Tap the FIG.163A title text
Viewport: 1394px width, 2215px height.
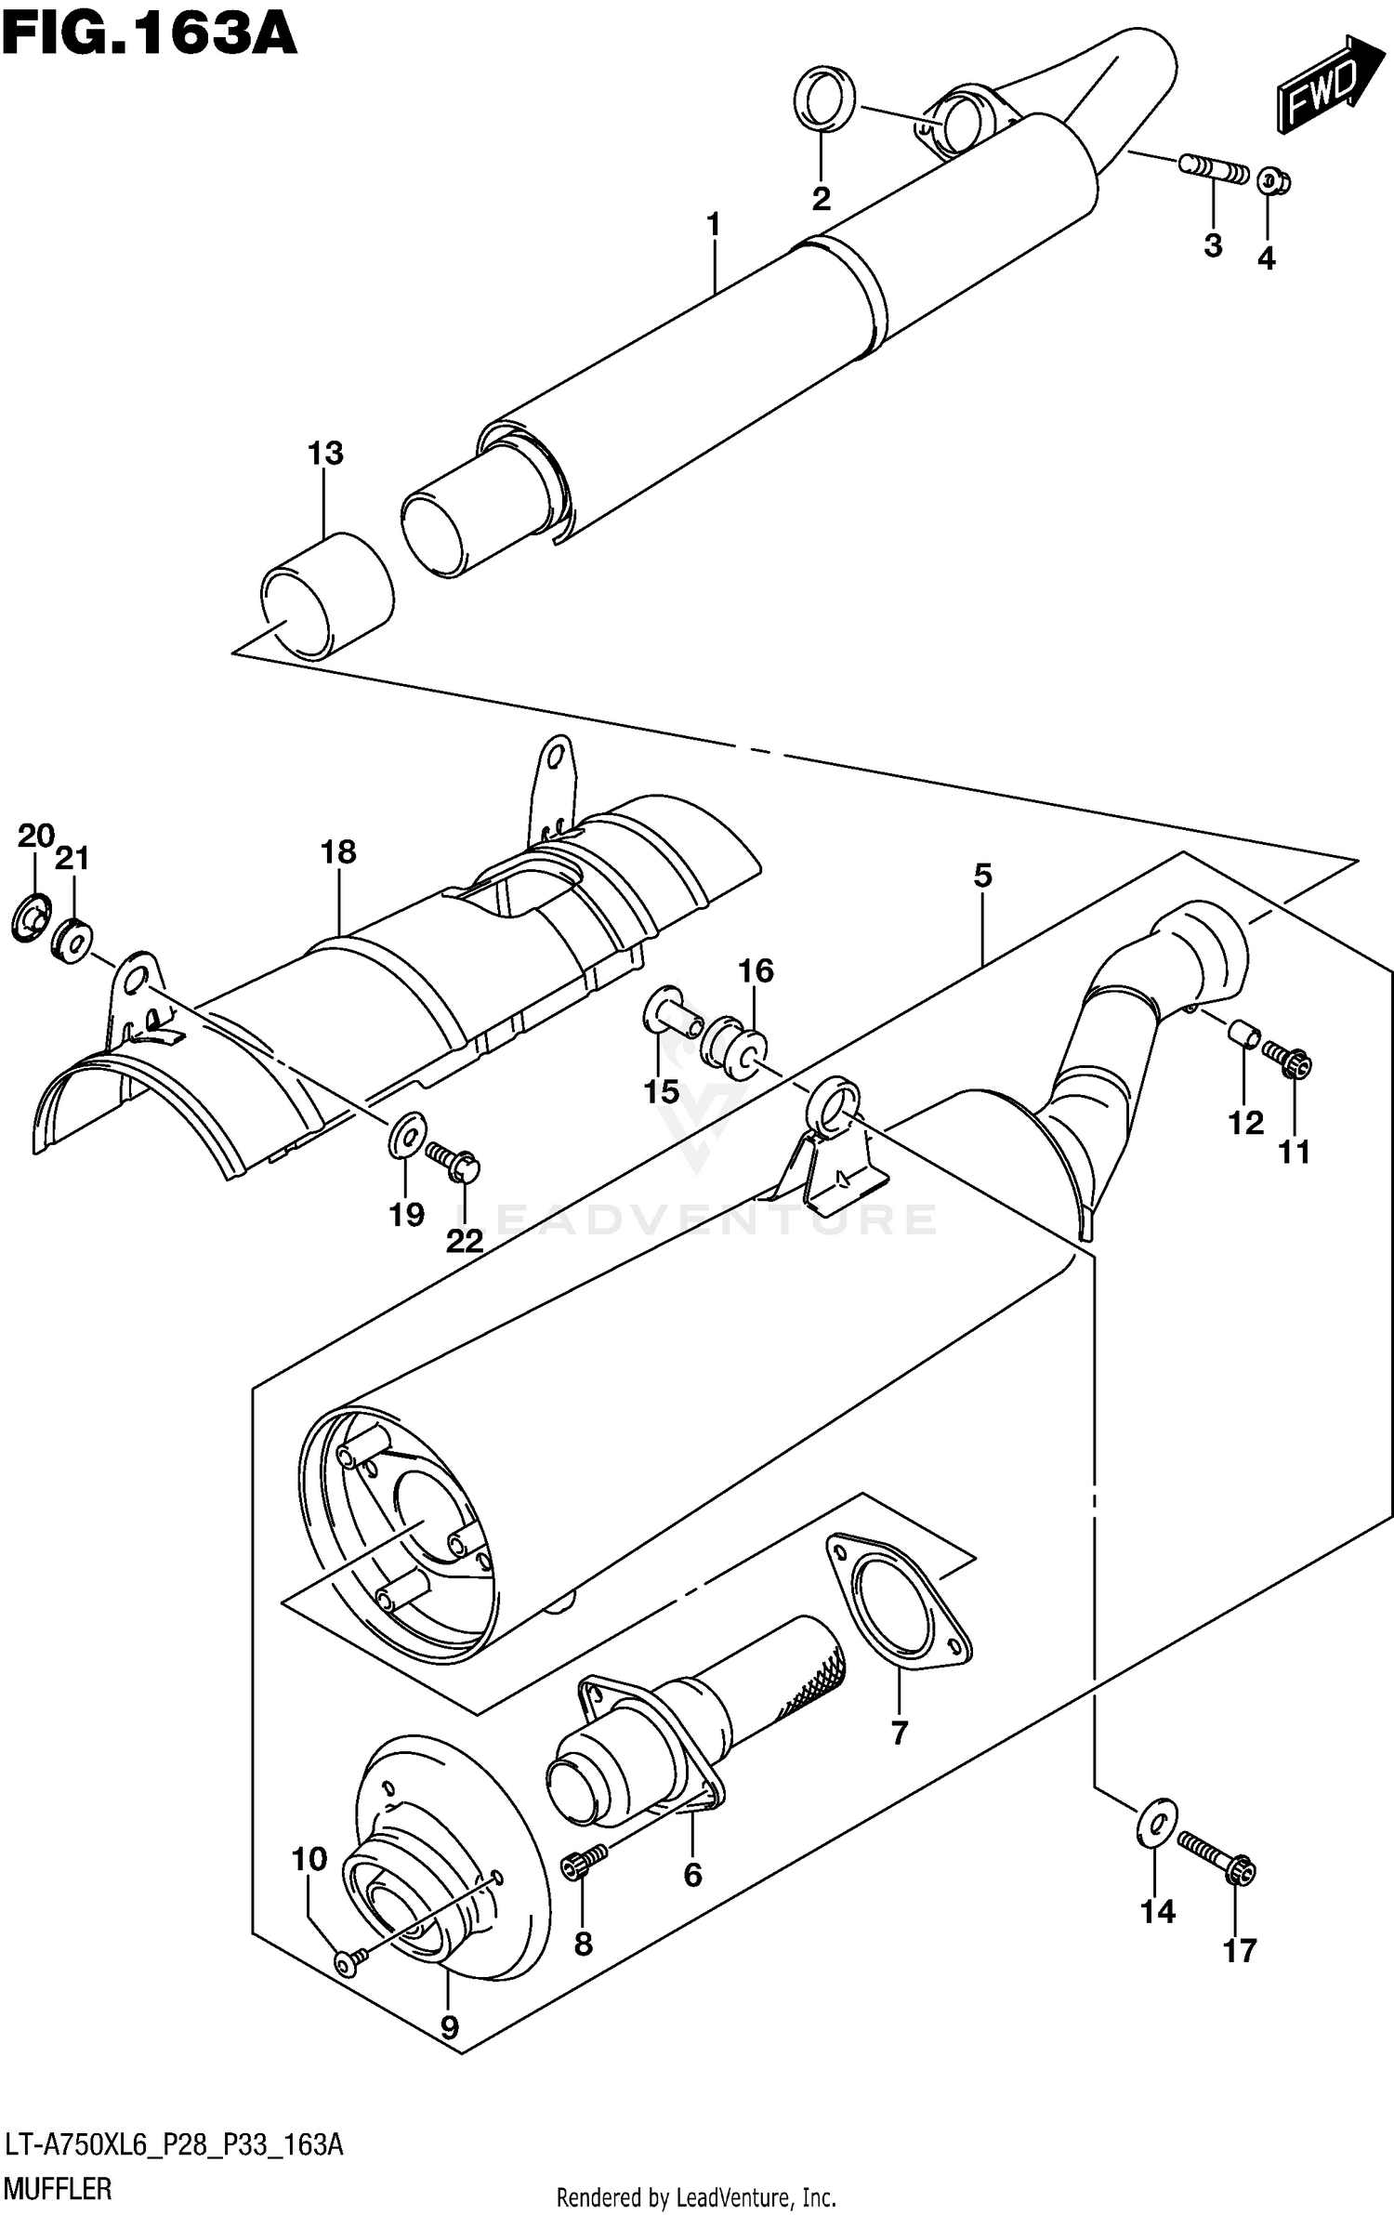tap(149, 35)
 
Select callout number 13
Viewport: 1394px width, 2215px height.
tap(325, 455)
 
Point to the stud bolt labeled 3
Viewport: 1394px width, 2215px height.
tap(1213, 171)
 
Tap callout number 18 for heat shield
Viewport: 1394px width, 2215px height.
tap(338, 852)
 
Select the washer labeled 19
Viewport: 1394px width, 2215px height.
tap(406, 1136)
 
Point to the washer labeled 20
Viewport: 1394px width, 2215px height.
tap(31, 915)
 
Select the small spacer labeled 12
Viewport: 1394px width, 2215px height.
tap(1243, 1034)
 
